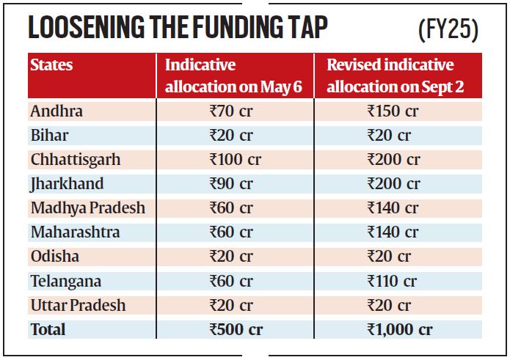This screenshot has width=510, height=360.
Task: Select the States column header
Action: pos(52,65)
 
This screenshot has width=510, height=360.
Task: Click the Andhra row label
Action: pos(57,111)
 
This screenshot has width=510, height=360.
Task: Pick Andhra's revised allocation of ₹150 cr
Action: pos(393,111)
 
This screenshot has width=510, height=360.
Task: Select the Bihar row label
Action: pos(49,135)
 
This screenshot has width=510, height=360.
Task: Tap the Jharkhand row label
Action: pos(67,183)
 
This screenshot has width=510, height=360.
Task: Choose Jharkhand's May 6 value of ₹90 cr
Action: pos(230,184)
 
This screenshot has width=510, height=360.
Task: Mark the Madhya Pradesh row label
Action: pos(88,208)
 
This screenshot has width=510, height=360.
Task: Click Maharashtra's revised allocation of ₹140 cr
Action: pos(393,232)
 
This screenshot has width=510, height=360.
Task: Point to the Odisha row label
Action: pos(54,257)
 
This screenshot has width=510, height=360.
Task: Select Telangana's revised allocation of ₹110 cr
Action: pos(391,281)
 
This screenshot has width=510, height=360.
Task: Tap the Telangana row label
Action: pos(66,281)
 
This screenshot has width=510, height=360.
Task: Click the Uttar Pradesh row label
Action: pos(79,305)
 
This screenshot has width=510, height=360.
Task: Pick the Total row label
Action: pos(48,329)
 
